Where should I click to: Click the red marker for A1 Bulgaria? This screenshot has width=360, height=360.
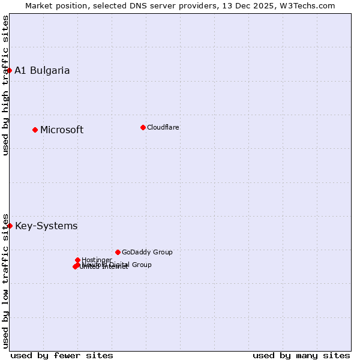(10, 70)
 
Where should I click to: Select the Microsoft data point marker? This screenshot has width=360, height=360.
(35, 130)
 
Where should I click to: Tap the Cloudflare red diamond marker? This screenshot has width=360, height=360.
(143, 127)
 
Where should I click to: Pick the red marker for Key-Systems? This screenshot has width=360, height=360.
(10, 226)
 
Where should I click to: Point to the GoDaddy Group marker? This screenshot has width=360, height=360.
(118, 252)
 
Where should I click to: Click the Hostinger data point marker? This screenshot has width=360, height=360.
(77, 260)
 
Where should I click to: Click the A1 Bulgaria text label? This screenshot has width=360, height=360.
(42, 70)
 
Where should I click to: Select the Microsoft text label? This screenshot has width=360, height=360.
(62, 130)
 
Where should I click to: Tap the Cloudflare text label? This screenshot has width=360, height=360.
(163, 127)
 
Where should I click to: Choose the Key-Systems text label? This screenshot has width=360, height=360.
(46, 226)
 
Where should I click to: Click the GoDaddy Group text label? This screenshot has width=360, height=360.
(147, 252)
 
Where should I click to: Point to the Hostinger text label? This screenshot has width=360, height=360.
(97, 260)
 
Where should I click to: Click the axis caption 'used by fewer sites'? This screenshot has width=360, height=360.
(62, 355)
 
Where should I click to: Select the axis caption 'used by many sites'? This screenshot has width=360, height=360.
(301, 355)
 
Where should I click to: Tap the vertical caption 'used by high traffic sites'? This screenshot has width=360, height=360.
(5, 85)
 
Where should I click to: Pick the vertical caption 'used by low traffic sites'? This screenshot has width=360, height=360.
(5, 280)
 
